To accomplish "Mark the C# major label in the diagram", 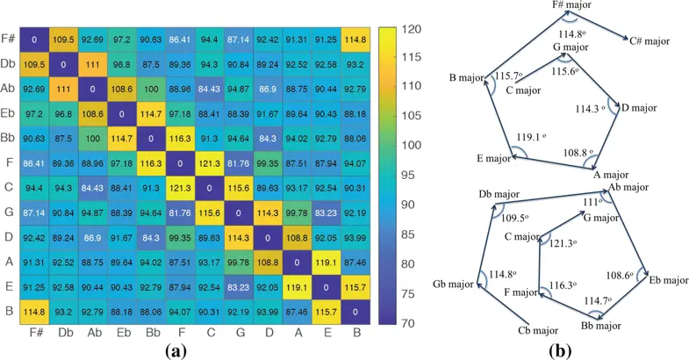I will point(650,40).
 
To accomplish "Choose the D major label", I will point(638,108).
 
